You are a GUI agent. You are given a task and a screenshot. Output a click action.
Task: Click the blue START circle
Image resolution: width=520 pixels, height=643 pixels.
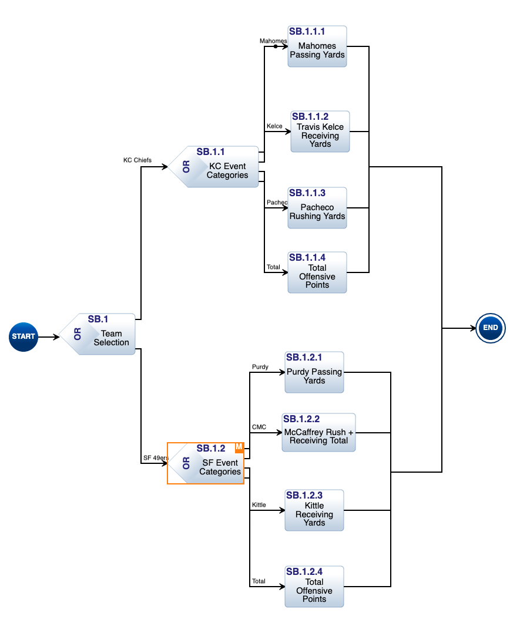pyautogui.click(x=24, y=336)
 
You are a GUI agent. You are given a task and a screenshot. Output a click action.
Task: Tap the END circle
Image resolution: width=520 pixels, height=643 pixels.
pyautogui.click(x=491, y=328)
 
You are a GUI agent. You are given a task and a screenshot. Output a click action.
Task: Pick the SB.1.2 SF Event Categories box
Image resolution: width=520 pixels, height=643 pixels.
pyautogui.click(x=212, y=463)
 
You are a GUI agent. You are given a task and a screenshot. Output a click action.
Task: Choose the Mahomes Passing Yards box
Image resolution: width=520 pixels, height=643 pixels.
pyautogui.click(x=317, y=46)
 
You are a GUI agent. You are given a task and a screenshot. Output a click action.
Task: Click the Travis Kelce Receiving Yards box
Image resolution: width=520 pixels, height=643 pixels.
pyautogui.click(x=320, y=132)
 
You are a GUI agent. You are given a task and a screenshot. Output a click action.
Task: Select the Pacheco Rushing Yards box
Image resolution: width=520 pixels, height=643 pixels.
pyautogui.click(x=317, y=208)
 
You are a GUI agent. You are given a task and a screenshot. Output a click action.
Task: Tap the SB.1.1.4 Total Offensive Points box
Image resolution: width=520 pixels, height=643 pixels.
pyautogui.click(x=317, y=272)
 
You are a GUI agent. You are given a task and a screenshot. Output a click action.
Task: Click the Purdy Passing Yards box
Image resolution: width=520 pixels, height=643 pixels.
pyautogui.click(x=314, y=372)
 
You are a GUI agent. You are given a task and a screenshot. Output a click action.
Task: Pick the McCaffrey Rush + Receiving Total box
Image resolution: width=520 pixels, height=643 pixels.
pyautogui.click(x=318, y=432)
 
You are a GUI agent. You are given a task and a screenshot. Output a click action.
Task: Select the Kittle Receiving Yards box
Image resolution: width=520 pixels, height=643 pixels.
pyautogui.click(x=314, y=510)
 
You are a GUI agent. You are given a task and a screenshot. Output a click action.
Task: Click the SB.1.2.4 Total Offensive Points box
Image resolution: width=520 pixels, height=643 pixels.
pyautogui.click(x=314, y=587)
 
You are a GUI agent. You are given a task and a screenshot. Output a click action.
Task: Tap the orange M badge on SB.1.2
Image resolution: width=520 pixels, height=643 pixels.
pyautogui.click(x=239, y=447)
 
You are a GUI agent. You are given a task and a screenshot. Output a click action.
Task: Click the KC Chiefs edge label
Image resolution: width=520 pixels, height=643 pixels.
pyautogui.click(x=137, y=160)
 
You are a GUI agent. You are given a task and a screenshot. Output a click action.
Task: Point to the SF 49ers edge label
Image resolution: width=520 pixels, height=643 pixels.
pyautogui.click(x=156, y=458)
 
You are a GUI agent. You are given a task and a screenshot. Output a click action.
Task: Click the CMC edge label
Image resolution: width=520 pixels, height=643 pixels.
pyautogui.click(x=259, y=427)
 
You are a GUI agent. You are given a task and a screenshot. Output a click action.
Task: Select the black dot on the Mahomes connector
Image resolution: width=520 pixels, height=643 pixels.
pyautogui.click(x=276, y=46)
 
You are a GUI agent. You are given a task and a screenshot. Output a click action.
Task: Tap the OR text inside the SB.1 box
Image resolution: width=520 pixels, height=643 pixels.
pyautogui.click(x=78, y=334)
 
